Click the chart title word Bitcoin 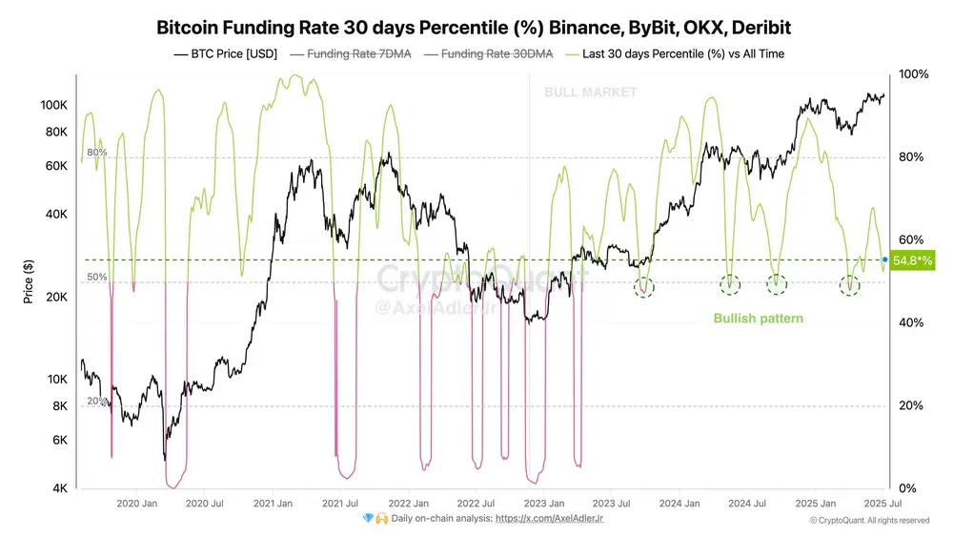pyautogui.click(x=189, y=29)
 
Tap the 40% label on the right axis pyautogui.click(x=910, y=322)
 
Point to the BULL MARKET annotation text pyautogui.click(x=590, y=93)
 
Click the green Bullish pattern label pyautogui.click(x=758, y=318)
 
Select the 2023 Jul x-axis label pyautogui.click(x=612, y=503)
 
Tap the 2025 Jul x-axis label pyautogui.click(x=883, y=503)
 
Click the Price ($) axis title pyautogui.click(x=30, y=281)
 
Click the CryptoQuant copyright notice pyautogui.click(x=869, y=521)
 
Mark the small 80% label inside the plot pyautogui.click(x=97, y=153)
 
